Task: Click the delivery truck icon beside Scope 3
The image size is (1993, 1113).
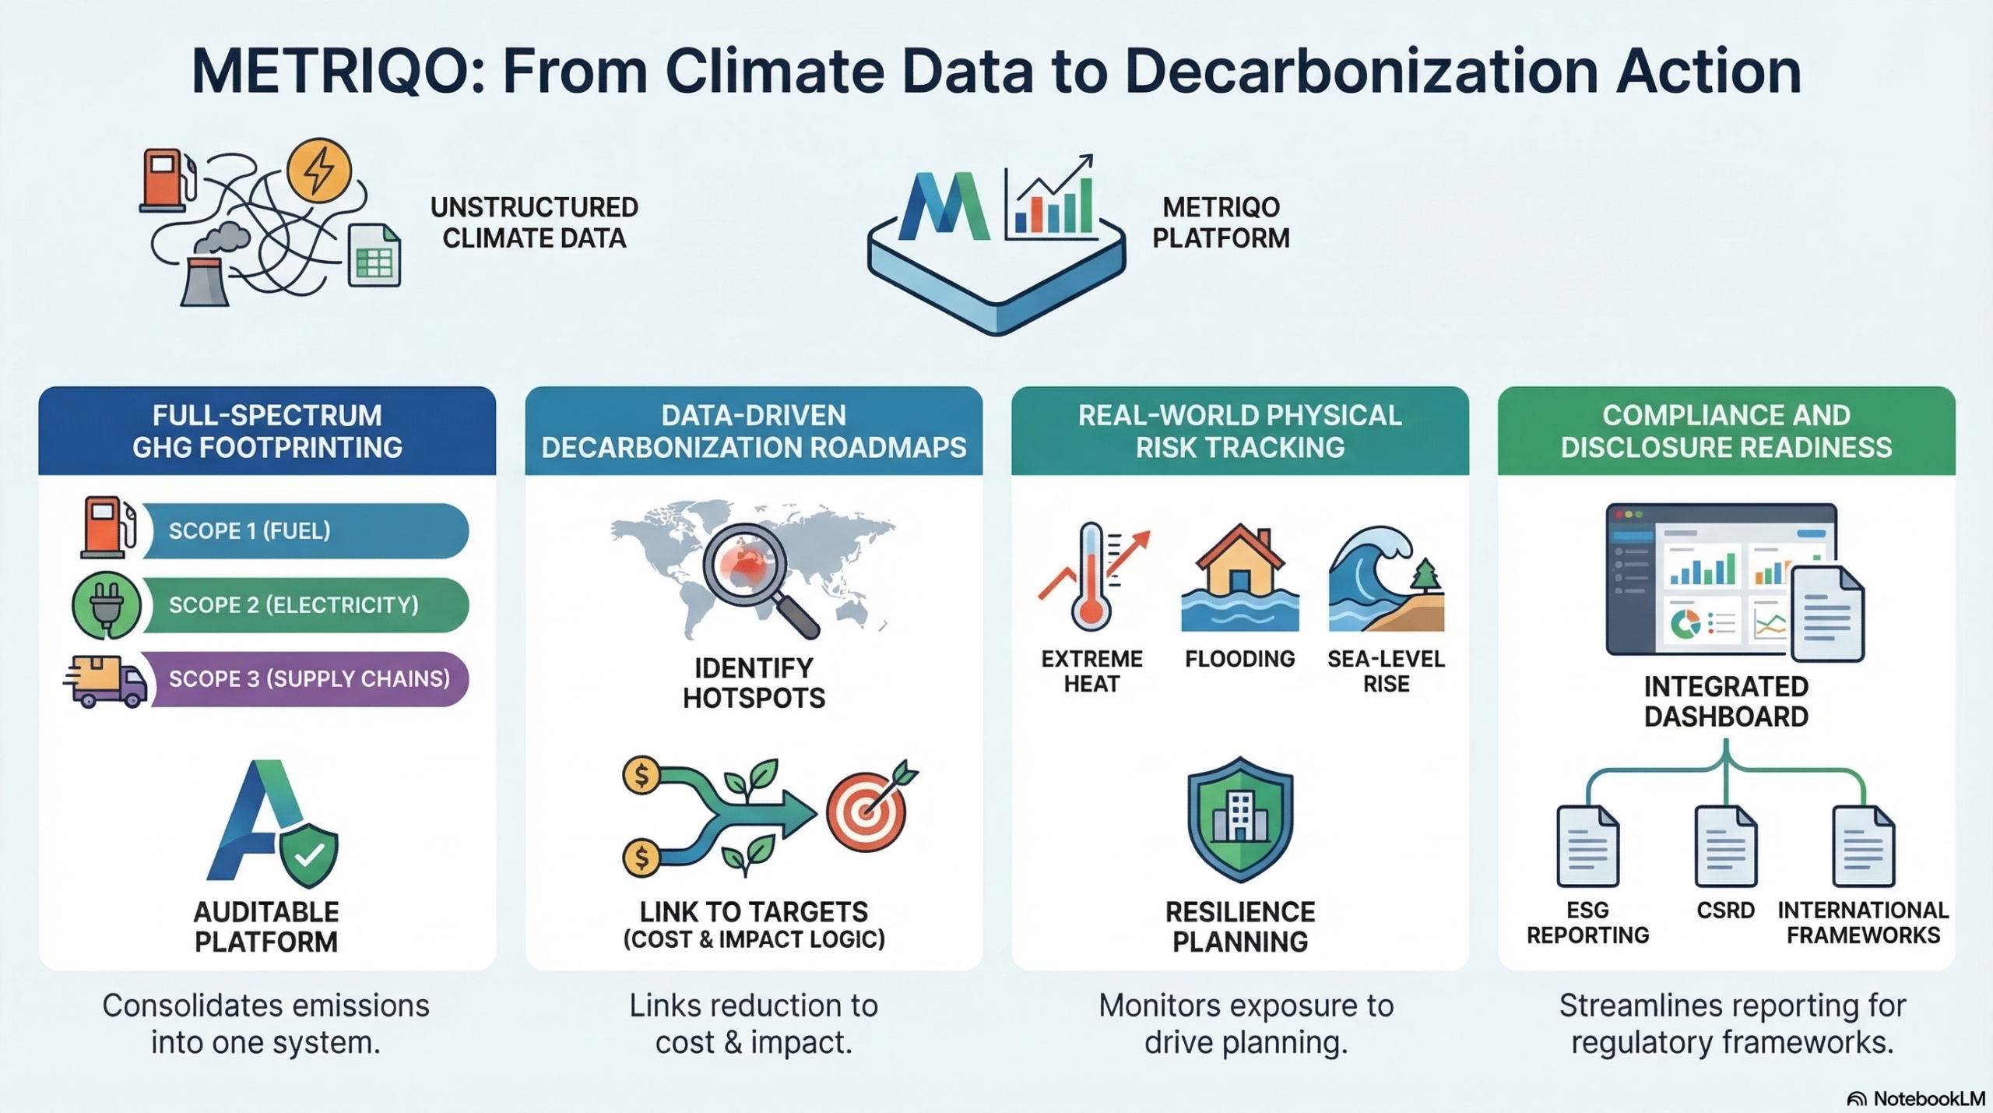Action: [x=105, y=681]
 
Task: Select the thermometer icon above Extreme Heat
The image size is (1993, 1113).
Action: [x=1091, y=577]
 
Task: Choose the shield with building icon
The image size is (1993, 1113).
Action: [x=1240, y=819]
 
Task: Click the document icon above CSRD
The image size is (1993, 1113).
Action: [x=1726, y=847]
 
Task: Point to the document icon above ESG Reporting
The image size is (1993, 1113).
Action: [x=1588, y=847]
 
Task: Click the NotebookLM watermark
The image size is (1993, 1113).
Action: [x=1916, y=1098]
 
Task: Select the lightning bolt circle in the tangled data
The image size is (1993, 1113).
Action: [x=319, y=171]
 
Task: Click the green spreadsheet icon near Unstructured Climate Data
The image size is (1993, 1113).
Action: [x=374, y=255]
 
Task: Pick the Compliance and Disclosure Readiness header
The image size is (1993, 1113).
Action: [x=1726, y=431]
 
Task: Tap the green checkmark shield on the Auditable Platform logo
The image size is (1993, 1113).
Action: [x=309, y=855]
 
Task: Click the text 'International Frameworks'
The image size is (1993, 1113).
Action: [x=1863, y=922]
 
